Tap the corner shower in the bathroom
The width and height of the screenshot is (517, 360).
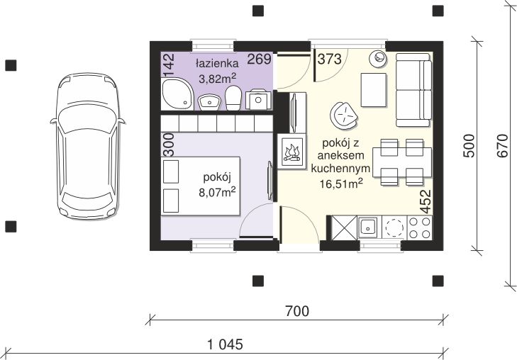coord(174,94)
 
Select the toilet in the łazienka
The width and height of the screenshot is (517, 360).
coord(233,99)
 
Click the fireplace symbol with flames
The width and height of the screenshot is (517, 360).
coord(291,152)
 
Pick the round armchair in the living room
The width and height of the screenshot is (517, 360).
coord(345,114)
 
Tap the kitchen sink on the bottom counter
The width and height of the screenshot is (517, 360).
coord(367,227)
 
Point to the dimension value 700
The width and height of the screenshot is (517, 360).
coord(297,310)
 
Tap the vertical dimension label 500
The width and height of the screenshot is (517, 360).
coord(468,147)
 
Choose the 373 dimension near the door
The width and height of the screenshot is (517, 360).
coord(329,60)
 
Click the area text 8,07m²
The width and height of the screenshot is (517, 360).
coord(217,190)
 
